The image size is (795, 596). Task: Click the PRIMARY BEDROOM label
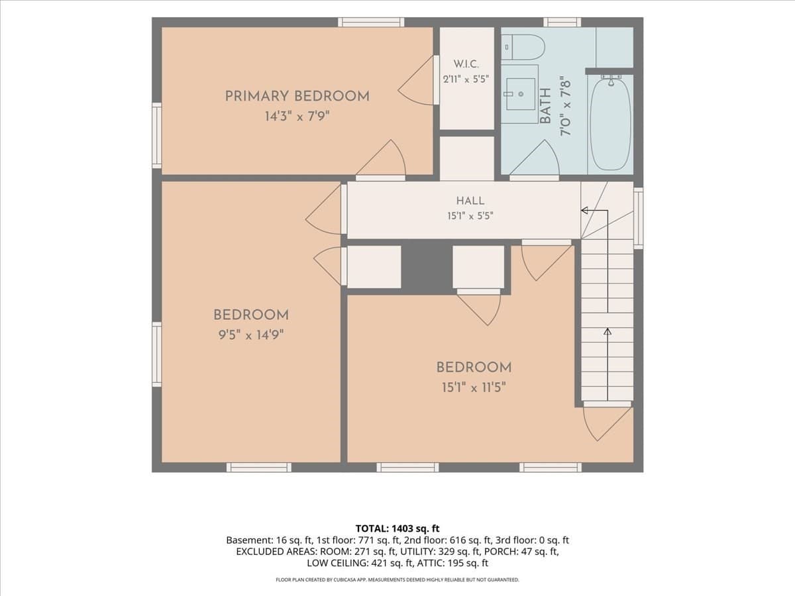tap(297, 96)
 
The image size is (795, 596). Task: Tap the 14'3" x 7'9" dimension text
tap(297, 117)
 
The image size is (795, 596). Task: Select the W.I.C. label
tap(466, 64)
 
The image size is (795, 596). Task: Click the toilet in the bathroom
tap(523, 47)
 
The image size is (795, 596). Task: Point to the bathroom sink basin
tap(521, 94)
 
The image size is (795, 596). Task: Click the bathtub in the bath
tap(611, 124)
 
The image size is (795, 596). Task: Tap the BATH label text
tap(545, 106)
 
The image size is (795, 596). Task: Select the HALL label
tap(470, 201)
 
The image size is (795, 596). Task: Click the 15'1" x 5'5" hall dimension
tap(470, 216)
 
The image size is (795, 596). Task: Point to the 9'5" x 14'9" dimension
tap(251, 335)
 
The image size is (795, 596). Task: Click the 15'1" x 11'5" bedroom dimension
tap(474, 388)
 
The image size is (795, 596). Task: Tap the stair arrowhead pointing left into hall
tap(584, 210)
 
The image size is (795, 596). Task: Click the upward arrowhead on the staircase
tap(608, 332)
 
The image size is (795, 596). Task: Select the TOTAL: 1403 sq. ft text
tap(397, 528)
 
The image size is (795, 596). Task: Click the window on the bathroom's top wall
tap(562, 22)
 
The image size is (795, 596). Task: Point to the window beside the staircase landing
tap(638, 219)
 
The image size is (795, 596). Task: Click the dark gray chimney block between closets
tap(427, 267)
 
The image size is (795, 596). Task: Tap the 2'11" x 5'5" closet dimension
tap(466, 79)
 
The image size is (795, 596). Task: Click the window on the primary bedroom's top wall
tap(371, 22)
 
